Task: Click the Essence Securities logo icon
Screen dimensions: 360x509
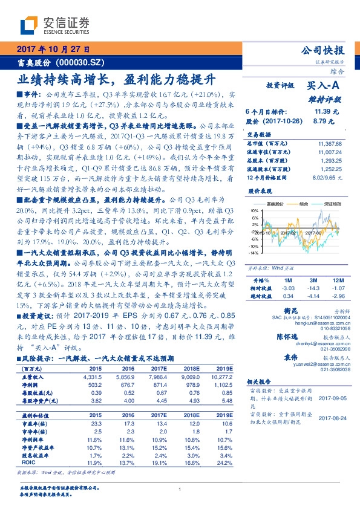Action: pyautogui.click(x=28, y=24)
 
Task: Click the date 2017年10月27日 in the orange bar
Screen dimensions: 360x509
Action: pyautogui.click(x=53, y=50)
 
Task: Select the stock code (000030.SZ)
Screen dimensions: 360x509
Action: pyautogui.click(x=84, y=62)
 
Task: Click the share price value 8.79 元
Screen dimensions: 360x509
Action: pyautogui.click(x=321, y=121)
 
